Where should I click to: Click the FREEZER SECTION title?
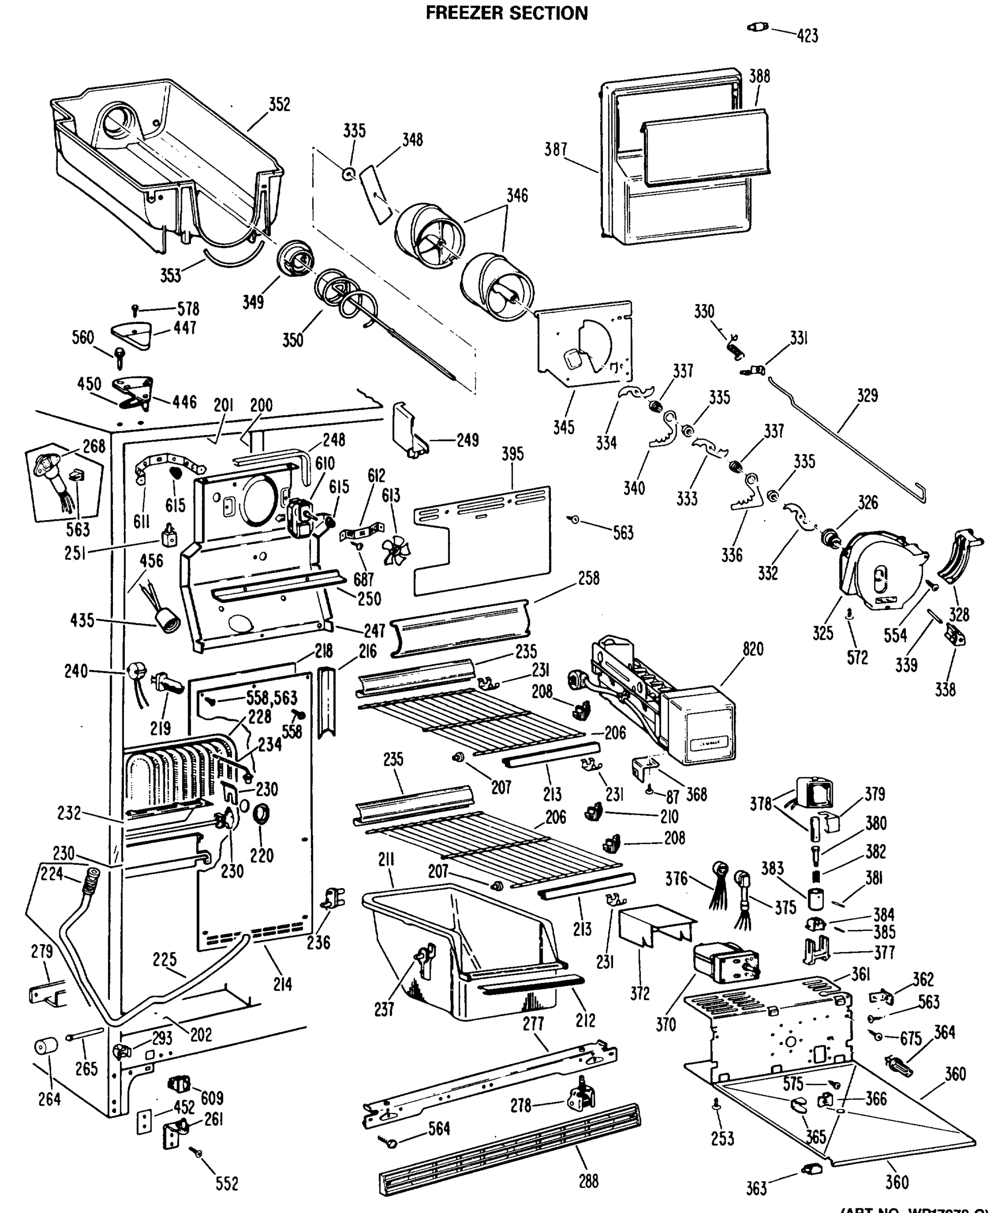pyautogui.click(x=506, y=13)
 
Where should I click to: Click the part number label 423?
pyautogui.click(x=807, y=36)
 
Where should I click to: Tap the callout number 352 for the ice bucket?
pyautogui.click(x=279, y=105)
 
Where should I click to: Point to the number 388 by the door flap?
pyautogui.click(x=759, y=76)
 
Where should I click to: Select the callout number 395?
pyautogui.click(x=512, y=454)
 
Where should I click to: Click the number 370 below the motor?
pyautogui.click(x=666, y=1024)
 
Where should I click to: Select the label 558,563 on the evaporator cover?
pyautogui.click(x=271, y=698)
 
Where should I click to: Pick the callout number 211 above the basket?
pyautogui.click(x=386, y=860)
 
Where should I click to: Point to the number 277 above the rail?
pyautogui.click(x=533, y=1024)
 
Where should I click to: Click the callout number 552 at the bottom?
pyautogui.click(x=227, y=1184)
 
